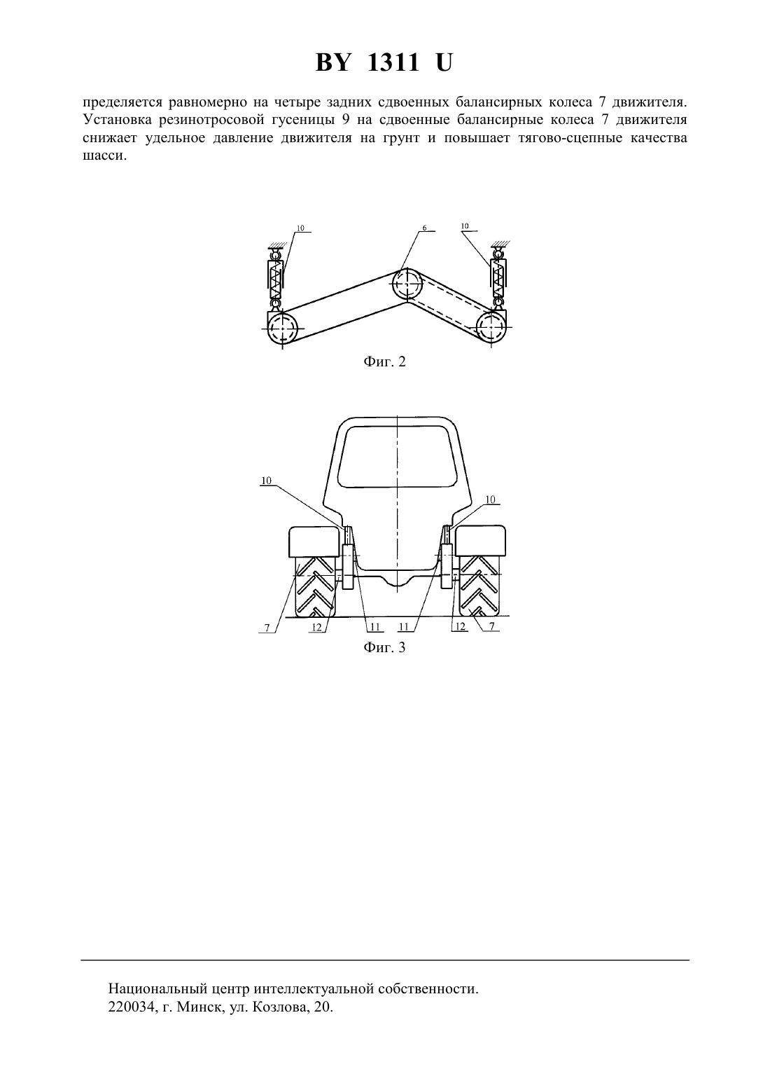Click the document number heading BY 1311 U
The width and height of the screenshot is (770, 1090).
pos(384,63)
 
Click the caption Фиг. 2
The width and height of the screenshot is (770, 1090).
pos(384,361)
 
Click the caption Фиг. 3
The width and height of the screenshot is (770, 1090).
pos(384,648)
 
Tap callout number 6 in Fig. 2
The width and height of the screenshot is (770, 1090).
pos(424,227)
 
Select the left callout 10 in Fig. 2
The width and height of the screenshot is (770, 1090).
pos(300,227)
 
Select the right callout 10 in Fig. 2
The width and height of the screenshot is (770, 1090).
pos(465,226)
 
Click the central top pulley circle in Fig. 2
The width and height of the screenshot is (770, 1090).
pos(407,284)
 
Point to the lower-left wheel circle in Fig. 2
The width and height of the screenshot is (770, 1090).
pos(282,328)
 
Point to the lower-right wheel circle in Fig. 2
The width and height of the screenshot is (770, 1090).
pos(491,327)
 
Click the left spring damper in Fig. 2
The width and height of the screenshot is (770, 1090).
pos(276,278)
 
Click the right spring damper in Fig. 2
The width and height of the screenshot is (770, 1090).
pos(498,278)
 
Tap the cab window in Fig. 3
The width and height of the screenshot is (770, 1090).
pos(398,456)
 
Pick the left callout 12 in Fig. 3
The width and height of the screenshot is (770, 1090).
pos(316,628)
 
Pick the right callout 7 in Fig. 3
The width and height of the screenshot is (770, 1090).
pos(492,627)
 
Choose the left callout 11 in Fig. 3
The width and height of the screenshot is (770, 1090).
pos(374,628)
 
